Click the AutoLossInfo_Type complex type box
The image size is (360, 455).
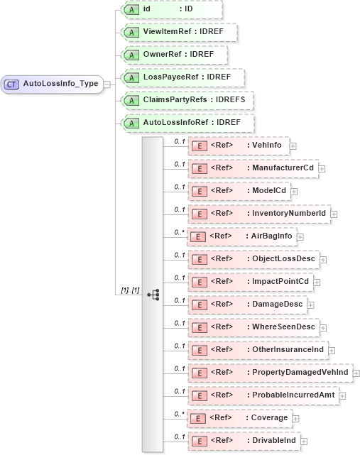(53, 84)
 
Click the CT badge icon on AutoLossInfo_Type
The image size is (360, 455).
(12, 84)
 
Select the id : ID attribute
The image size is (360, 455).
(170, 9)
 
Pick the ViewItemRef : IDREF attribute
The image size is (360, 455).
(178, 32)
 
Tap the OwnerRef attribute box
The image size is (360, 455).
(173, 55)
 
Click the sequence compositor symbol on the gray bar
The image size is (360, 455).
(153, 294)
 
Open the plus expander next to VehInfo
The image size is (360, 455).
(293, 146)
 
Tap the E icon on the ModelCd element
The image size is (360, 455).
(200, 191)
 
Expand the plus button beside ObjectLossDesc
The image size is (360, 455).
(324, 259)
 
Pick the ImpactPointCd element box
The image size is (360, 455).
(251, 282)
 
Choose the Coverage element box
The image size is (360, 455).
(241, 418)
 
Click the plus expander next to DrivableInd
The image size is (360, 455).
(304, 441)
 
